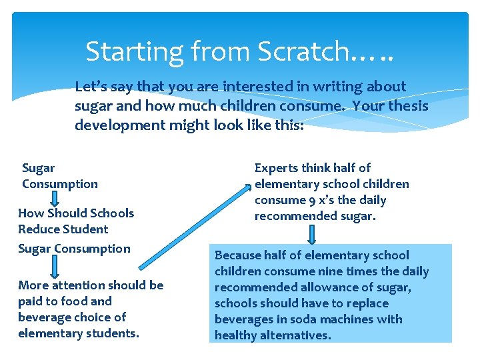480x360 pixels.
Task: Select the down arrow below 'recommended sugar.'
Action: click(x=312, y=235)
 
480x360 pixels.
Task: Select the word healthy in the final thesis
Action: click(x=235, y=335)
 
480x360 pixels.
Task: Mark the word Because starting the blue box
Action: click(x=237, y=255)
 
